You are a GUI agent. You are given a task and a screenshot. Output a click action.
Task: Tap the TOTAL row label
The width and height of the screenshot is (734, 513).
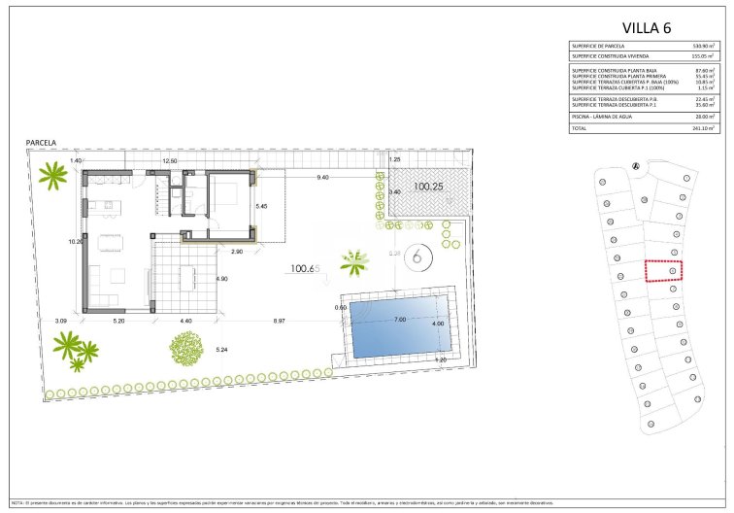(x=580, y=128)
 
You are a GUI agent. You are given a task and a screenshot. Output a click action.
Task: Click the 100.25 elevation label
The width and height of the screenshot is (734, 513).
(x=428, y=186)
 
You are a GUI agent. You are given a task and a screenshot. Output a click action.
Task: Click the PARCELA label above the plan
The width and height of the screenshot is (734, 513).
(x=41, y=143)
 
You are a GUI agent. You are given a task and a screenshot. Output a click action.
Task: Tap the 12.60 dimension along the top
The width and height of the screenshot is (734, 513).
(x=169, y=160)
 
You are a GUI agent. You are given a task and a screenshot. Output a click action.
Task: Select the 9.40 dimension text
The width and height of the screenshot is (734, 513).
(x=322, y=177)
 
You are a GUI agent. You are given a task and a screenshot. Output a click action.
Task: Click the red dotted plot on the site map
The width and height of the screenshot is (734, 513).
(x=664, y=271)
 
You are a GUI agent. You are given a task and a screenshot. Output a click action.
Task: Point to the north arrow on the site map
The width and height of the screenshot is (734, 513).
(x=635, y=166)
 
